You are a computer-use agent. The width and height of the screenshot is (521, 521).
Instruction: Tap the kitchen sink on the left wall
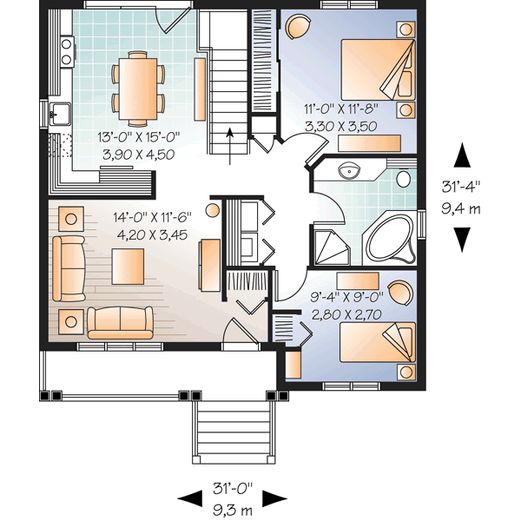click(x=58, y=113)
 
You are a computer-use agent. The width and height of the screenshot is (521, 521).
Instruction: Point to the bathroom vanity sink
click(x=350, y=170)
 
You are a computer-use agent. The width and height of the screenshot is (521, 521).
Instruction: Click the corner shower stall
click(x=331, y=248)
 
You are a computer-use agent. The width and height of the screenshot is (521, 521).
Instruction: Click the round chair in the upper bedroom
click(x=295, y=29)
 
